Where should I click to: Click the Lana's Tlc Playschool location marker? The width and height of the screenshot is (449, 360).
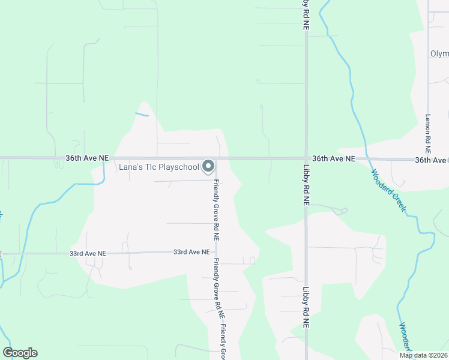click(208, 166)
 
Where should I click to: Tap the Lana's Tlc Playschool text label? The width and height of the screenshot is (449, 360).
click(158, 166)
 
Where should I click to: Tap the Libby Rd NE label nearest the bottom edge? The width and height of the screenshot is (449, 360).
click(306, 309)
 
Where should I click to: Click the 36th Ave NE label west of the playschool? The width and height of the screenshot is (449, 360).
click(87, 158)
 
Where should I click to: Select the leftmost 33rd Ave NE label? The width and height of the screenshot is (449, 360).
click(87, 253)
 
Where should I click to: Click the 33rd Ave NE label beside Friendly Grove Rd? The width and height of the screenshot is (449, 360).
click(191, 252)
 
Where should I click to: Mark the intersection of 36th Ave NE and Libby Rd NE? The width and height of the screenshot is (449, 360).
click(306, 158)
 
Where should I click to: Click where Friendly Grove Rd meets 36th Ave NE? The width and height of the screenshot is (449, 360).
click(216, 159)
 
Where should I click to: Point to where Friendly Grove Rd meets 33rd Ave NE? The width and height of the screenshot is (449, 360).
click(216, 252)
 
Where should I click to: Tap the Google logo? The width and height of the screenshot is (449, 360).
click(20, 353)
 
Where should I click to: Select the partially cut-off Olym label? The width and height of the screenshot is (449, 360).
click(439, 53)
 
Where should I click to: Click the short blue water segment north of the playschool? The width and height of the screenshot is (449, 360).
click(142, 113)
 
